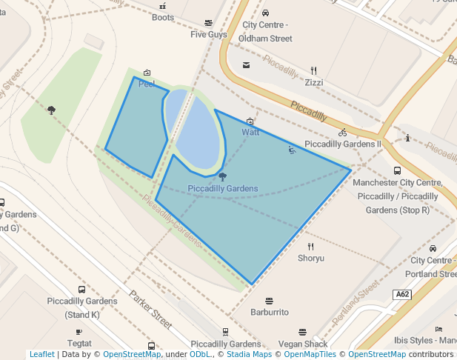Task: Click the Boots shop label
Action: (x=163, y=18)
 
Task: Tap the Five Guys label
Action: (x=208, y=34)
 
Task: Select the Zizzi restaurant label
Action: (x=314, y=82)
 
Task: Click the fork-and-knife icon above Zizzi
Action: (x=313, y=71)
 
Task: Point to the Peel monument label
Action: (x=147, y=84)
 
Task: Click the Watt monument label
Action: (x=250, y=132)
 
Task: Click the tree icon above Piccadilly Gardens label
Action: (x=222, y=176)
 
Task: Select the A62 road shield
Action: (x=402, y=294)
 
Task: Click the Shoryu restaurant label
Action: (x=311, y=259)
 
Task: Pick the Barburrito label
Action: (x=269, y=313)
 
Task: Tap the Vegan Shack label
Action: (x=303, y=344)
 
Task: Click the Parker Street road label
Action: (x=150, y=309)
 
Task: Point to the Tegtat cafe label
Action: (x=79, y=344)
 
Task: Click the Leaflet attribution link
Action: (x=42, y=354)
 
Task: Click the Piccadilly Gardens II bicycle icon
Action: (x=342, y=133)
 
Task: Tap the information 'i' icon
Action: (x=407, y=138)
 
